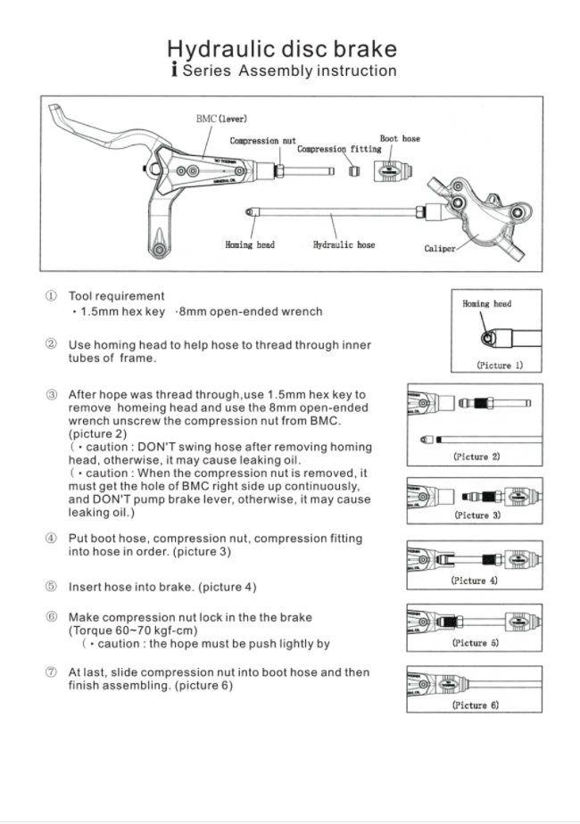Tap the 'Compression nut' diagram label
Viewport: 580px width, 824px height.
coord(262,141)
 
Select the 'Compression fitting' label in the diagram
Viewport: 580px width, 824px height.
coord(339,149)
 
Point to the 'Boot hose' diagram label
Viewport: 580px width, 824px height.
coord(400,138)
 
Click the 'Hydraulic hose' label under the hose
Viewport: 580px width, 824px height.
coord(344,244)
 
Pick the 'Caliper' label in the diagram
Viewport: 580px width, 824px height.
coord(440,249)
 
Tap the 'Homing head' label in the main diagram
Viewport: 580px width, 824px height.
coord(250,244)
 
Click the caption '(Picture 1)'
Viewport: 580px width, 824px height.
coord(499,365)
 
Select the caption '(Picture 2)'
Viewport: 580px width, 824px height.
coord(476,457)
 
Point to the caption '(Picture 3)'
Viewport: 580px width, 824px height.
coord(476,515)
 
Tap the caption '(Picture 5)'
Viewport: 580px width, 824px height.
coord(475,642)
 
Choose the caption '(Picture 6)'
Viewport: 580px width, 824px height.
coord(475,705)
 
